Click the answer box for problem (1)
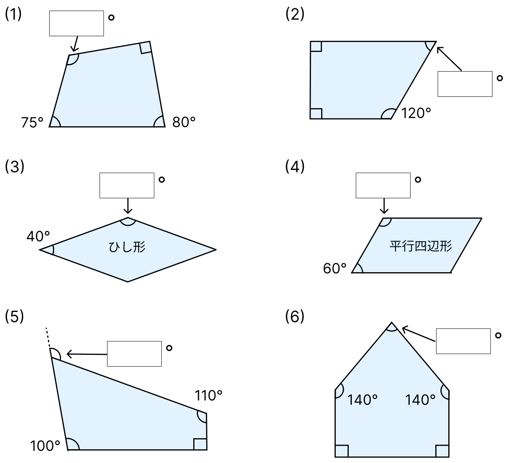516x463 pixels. [x=76, y=24]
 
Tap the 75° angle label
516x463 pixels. [x=32, y=122]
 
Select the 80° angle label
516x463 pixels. [x=184, y=122]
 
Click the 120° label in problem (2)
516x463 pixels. [x=416, y=113]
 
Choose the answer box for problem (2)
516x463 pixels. [x=465, y=84]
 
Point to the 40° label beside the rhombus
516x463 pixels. [x=38, y=236]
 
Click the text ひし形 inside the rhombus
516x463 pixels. [x=127, y=247]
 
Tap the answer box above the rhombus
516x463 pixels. [x=127, y=185]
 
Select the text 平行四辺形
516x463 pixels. [x=421, y=246]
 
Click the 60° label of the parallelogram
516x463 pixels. [x=335, y=268]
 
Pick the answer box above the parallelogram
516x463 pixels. [x=383, y=185]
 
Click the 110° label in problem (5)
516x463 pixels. [x=208, y=396]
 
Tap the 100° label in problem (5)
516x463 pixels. [x=45, y=446]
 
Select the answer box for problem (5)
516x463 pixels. [x=134, y=354]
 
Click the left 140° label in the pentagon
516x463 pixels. [x=362, y=400]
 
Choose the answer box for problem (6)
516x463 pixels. [x=463, y=341]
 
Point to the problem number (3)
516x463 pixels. [x=15, y=167]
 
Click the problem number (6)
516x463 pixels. [x=295, y=316]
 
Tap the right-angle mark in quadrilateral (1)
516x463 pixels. [x=146, y=48]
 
